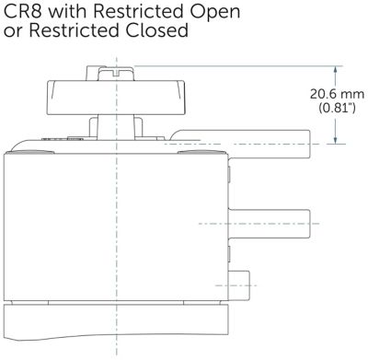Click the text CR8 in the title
tap(23, 11)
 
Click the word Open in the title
tap(215, 13)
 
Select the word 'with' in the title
tap(68, 11)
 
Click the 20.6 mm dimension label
tap(337, 94)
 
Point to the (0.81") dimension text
tap(337, 108)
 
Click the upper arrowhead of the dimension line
tap(336, 71)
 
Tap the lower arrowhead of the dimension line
tap(336, 139)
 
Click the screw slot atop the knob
tap(116, 74)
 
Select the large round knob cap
tap(116, 98)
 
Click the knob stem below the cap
tap(116, 126)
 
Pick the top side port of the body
tap(270, 145)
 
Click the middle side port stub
tap(270, 224)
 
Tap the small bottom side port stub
tap(239, 285)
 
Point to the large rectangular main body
tap(116, 227)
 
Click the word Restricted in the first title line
tap(139, 11)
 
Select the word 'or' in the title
tap(13, 32)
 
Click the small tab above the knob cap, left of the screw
tap(92, 73)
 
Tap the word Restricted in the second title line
tap(74, 30)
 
